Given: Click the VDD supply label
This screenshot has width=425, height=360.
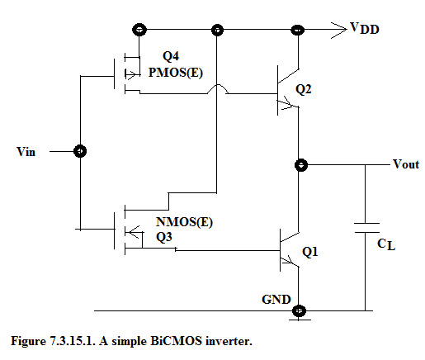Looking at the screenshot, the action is [x=364, y=28].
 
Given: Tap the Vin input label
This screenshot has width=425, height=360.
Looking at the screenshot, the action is [x=26, y=152].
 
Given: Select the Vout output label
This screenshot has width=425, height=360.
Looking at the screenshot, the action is [x=406, y=164].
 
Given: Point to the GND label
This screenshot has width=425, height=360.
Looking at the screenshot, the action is [x=276, y=300].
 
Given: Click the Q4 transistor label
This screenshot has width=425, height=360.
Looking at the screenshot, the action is [x=171, y=56].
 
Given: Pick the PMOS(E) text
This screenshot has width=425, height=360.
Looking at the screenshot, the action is [x=176, y=73].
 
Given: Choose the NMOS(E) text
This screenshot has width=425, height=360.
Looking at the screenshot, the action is [x=184, y=222].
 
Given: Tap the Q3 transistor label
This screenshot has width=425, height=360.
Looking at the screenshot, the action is [x=164, y=237].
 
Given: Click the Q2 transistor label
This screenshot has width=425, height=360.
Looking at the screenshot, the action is [x=304, y=89].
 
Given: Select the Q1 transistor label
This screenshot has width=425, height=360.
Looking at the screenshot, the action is [x=310, y=252].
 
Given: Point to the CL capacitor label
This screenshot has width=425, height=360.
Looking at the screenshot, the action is [x=386, y=244].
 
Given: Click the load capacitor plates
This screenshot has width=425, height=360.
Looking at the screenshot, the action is [x=366, y=228].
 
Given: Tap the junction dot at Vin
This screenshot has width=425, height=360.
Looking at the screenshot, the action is [x=80, y=151].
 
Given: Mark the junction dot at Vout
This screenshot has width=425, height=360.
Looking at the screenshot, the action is [x=301, y=165].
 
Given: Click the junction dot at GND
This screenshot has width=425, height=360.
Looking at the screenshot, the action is [x=299, y=311].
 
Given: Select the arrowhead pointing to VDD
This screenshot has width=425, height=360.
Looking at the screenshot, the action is [x=339, y=30].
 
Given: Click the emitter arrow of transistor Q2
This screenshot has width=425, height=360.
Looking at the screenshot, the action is [x=288, y=103].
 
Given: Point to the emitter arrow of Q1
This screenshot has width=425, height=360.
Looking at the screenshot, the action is [x=290, y=261].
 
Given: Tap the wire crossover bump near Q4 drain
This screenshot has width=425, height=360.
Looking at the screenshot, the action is [x=217, y=88].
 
